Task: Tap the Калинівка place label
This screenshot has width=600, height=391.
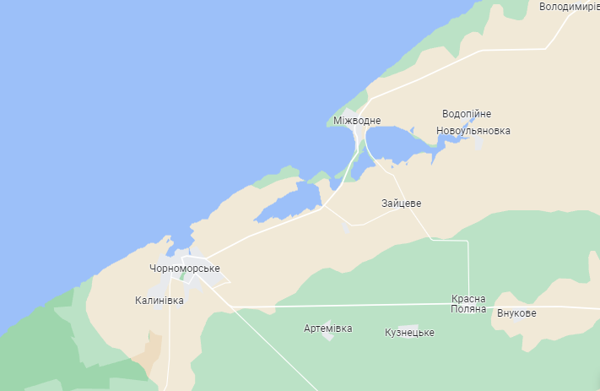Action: (158, 300)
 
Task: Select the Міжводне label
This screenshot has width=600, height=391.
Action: (351, 121)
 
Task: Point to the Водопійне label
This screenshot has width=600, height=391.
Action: (466, 114)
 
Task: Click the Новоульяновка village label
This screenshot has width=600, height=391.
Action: (473, 131)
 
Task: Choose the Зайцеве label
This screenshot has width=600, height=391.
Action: (401, 204)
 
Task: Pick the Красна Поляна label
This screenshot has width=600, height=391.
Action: (468, 304)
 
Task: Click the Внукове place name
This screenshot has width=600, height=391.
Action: (516, 313)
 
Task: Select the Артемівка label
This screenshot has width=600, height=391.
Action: (328, 328)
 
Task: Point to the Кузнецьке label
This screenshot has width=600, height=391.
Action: (408, 333)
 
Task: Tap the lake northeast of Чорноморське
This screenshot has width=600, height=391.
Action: (289, 204)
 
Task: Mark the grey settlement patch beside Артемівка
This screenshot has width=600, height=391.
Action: (328, 336)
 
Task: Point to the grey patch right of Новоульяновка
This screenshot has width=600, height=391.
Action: (479, 144)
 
